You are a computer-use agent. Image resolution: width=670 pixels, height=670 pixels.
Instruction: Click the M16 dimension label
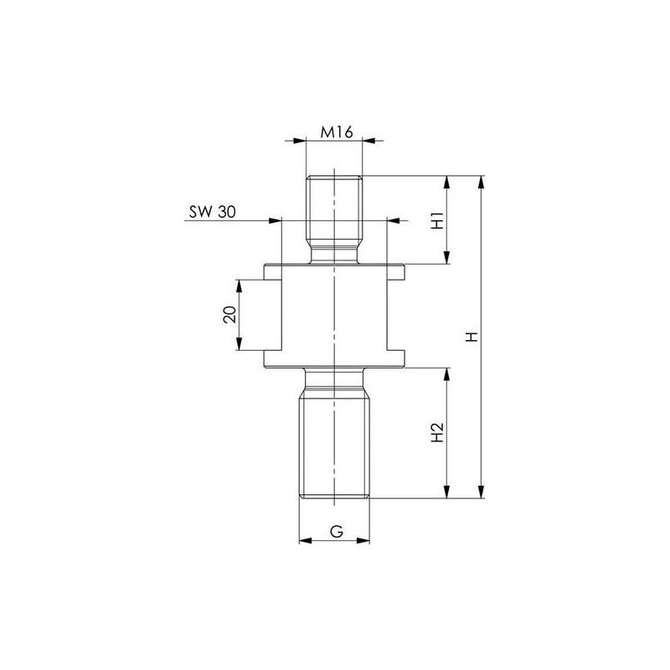[x=334, y=131]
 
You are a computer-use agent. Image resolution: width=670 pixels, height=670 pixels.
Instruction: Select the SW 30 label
[x=211, y=213]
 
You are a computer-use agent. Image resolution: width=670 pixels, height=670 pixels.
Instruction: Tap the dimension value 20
[x=229, y=315]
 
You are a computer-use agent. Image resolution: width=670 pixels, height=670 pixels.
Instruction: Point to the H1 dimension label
[x=435, y=221]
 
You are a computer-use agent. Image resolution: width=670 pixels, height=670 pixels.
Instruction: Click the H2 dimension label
[x=435, y=433]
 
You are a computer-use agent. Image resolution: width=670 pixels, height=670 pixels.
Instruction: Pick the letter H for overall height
[x=471, y=337]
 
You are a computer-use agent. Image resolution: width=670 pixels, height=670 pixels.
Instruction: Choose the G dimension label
[x=335, y=531]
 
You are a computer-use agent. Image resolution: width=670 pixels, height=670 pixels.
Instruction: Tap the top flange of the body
[x=334, y=272]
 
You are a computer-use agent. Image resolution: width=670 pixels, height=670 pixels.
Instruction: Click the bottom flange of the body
[x=334, y=359]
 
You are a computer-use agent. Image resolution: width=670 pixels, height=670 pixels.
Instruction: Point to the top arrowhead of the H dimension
[x=482, y=181]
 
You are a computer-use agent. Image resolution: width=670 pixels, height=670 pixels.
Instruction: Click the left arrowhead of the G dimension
[x=304, y=540]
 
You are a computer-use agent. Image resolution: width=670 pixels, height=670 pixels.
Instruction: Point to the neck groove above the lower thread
[x=334, y=380]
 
